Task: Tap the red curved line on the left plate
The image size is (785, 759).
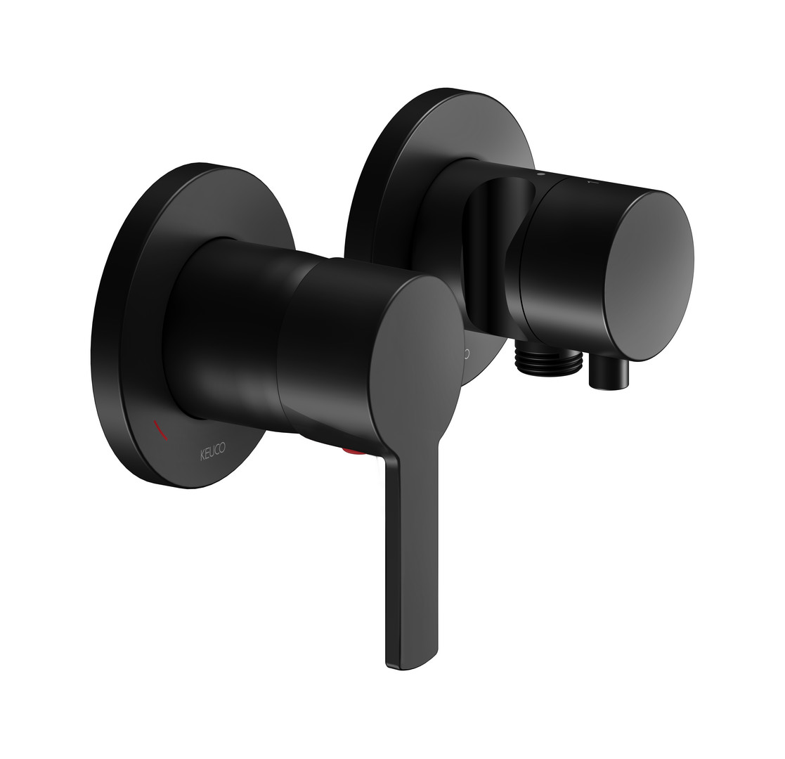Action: click(x=161, y=430)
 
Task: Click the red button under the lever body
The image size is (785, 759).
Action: click(x=353, y=452)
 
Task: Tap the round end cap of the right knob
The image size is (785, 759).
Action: click(x=649, y=276)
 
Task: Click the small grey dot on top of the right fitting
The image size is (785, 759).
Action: click(x=540, y=175)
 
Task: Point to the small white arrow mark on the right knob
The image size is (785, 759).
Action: click(x=590, y=183)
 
